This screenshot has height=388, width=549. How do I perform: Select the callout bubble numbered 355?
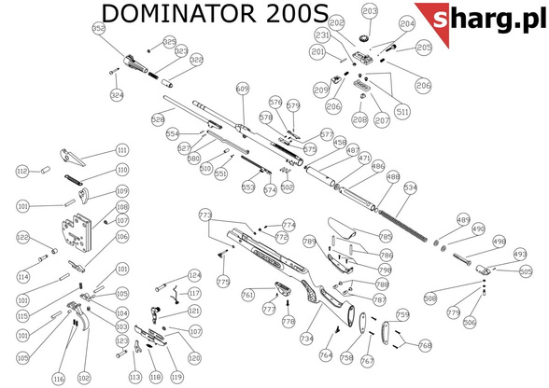tap(99, 29)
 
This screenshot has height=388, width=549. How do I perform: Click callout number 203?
tap(370, 12)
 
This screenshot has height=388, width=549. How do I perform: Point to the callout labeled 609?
tap(243, 89)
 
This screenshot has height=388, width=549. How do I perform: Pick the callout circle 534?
tap(410, 187)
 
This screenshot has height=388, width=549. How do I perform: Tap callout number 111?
tap(121, 150)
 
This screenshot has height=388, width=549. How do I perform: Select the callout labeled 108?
tap(121, 207)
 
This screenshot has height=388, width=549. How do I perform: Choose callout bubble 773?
tap(206, 215)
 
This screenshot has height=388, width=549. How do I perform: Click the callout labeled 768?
tap(425, 345)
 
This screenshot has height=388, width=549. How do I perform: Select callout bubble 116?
tap(58, 379)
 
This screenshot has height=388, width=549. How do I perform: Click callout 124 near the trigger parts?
tap(194, 275)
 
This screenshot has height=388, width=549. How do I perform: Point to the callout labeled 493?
tap(520, 253)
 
